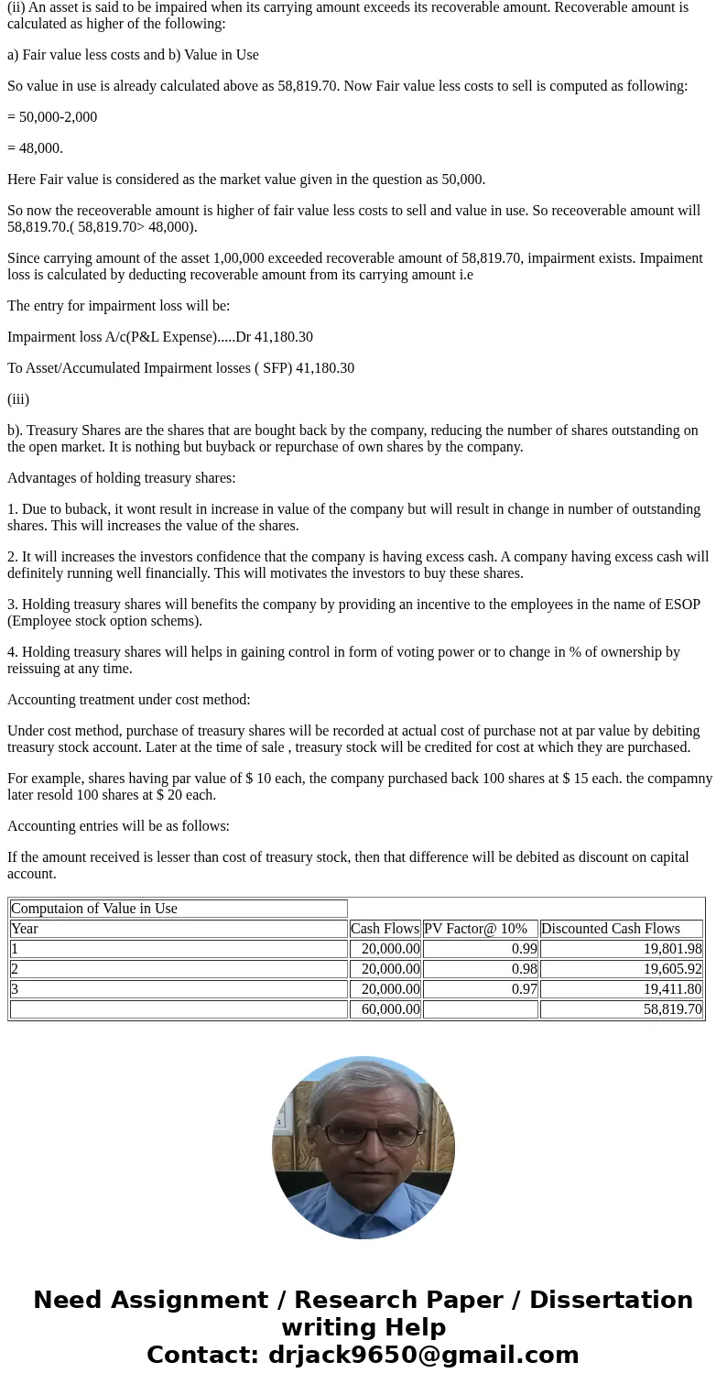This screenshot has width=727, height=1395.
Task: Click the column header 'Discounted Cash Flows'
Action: click(x=611, y=929)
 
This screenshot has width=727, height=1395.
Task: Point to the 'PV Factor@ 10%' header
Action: click(x=475, y=929)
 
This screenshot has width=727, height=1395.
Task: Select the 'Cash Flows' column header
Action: click(x=385, y=929)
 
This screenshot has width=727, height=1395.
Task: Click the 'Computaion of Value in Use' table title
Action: click(x=94, y=909)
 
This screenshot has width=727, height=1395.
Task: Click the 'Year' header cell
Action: click(x=25, y=929)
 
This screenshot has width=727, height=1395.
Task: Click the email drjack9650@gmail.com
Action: click(x=423, y=1355)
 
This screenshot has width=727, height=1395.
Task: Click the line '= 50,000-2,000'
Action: click(x=52, y=117)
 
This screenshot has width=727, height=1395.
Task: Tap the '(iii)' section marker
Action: click(x=18, y=399)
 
